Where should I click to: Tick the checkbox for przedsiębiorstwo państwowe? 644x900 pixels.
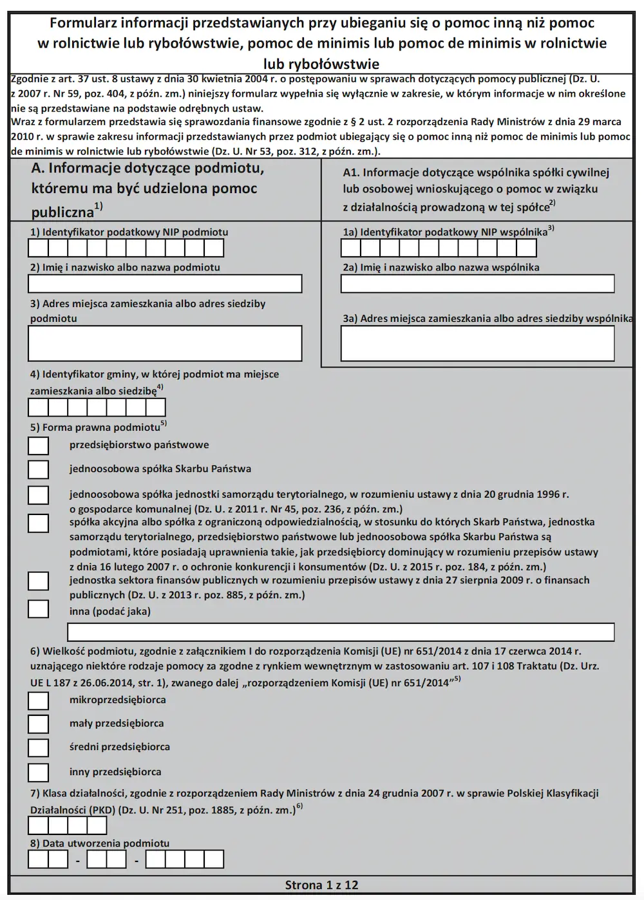(x=39, y=445)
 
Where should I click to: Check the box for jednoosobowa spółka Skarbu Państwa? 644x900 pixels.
(x=39, y=469)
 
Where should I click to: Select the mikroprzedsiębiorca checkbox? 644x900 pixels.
(x=39, y=700)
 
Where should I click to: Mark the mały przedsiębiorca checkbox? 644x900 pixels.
(x=39, y=724)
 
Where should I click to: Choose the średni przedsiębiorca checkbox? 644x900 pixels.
(x=39, y=747)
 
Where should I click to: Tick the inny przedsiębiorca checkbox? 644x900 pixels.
(x=39, y=772)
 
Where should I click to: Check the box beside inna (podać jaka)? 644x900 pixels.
(x=39, y=610)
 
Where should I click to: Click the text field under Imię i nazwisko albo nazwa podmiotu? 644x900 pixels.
(x=165, y=284)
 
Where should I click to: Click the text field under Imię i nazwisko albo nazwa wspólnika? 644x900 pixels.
(x=477, y=284)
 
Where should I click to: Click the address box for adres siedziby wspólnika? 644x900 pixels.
(x=477, y=344)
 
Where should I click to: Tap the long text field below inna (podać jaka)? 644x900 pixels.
(x=341, y=632)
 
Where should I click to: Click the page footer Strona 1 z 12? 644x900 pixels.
(x=321, y=885)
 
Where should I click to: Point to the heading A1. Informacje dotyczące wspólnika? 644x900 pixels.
(x=476, y=173)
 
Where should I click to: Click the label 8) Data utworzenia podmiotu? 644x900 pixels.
(x=100, y=843)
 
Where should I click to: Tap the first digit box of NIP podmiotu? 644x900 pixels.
(x=38, y=248)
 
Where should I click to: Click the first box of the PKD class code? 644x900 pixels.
(x=38, y=826)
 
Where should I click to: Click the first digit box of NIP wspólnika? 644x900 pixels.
(x=351, y=248)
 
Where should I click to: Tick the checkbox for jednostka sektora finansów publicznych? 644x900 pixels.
(x=39, y=581)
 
